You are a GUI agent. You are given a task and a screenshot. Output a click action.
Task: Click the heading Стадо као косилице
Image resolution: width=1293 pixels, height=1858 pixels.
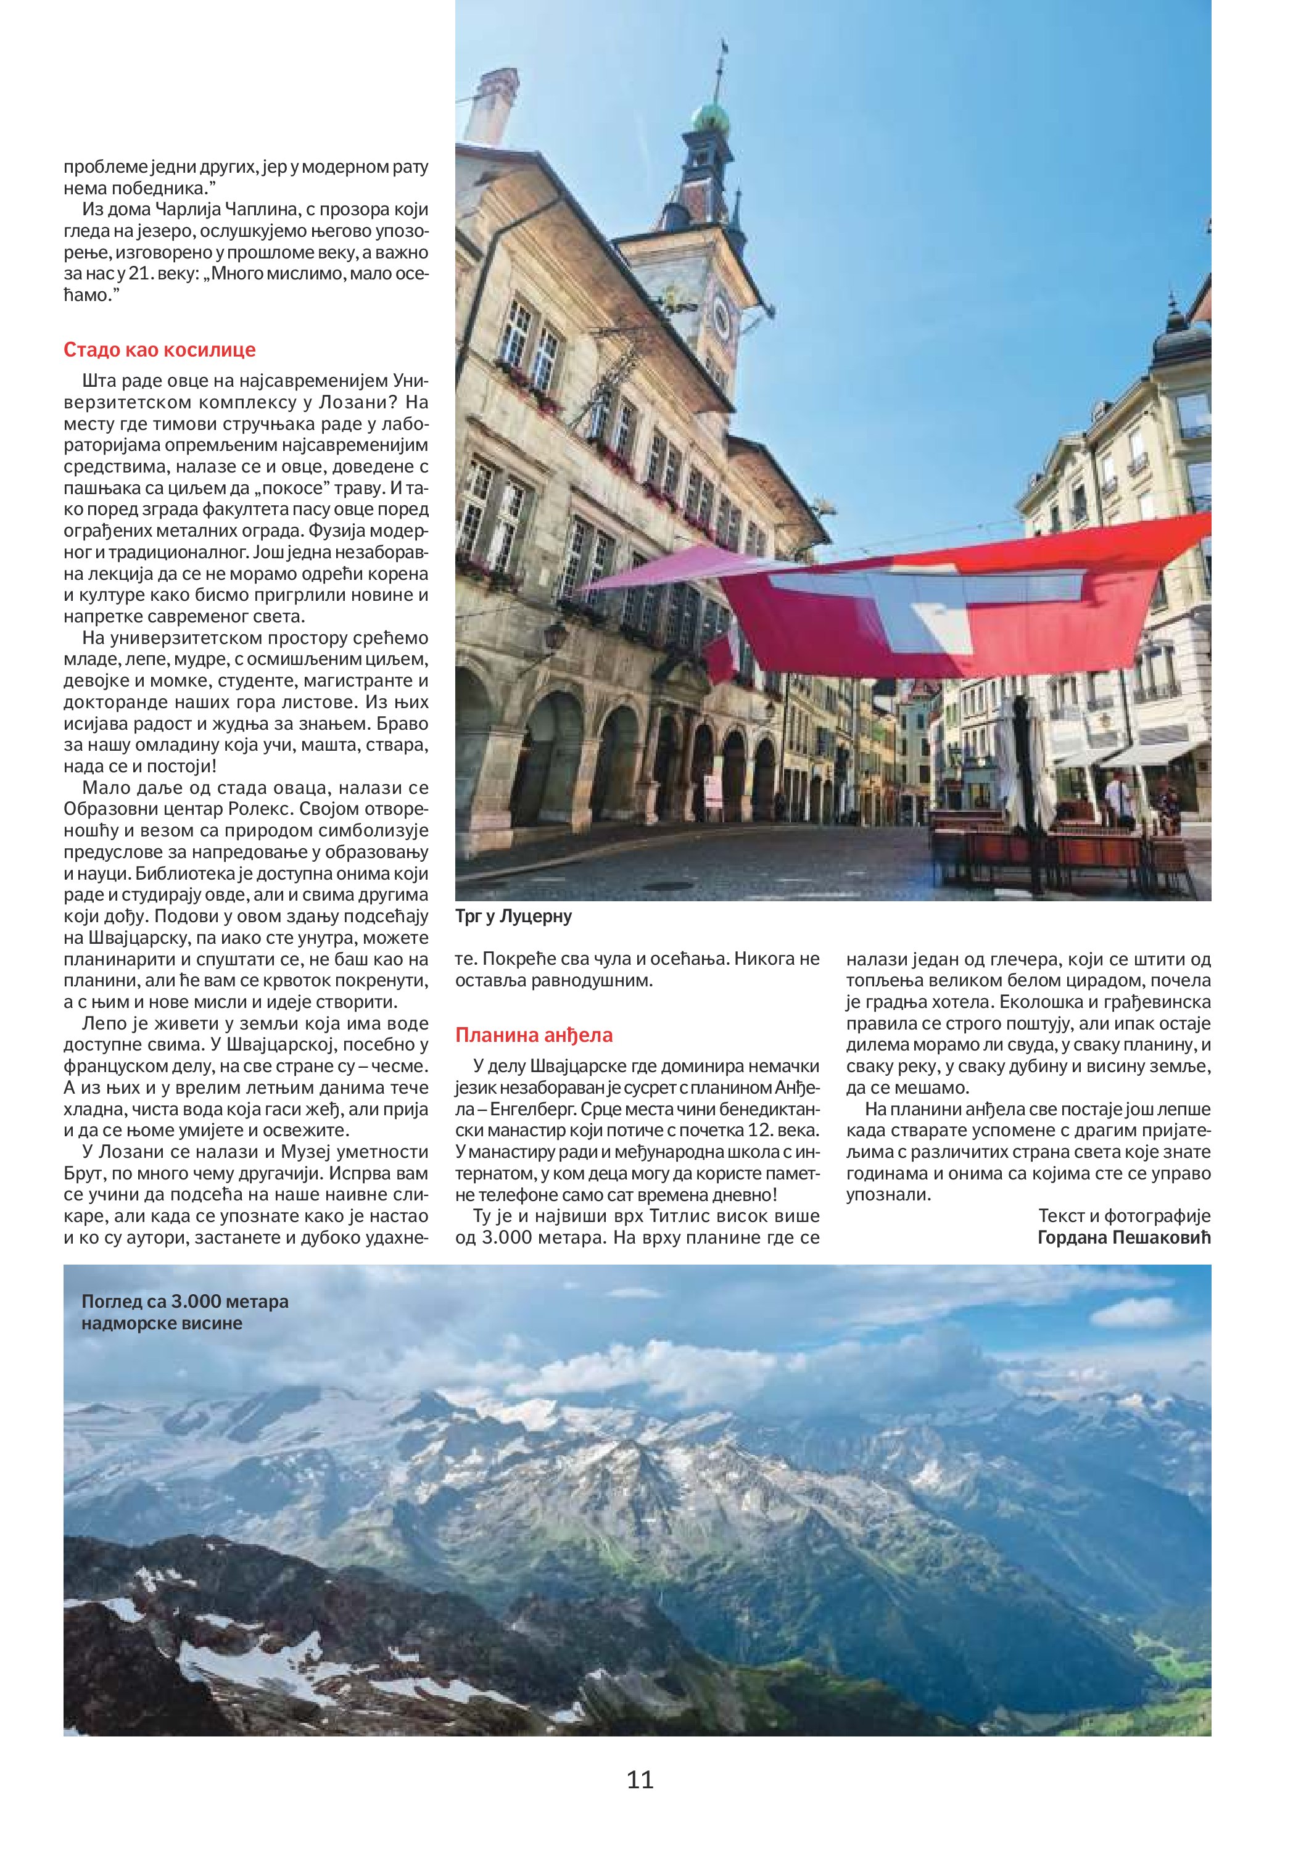click(159, 350)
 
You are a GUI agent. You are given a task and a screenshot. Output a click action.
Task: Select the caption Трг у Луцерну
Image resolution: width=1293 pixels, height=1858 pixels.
click(513, 916)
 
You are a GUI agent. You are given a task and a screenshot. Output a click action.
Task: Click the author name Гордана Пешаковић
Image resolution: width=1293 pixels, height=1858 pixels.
click(1124, 1237)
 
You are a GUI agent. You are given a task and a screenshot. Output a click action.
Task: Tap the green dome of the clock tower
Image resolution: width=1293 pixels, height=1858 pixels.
click(711, 120)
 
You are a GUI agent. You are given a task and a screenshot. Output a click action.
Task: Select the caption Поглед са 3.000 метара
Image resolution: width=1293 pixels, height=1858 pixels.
click(184, 1301)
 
